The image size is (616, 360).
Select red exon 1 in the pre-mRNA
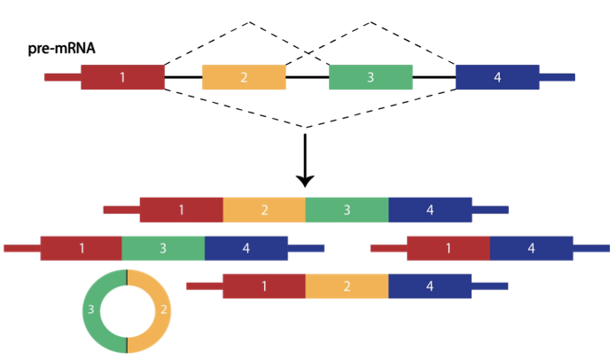(x=122, y=77)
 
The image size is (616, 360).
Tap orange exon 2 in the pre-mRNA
(x=244, y=77)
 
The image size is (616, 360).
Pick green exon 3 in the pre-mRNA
(x=370, y=77)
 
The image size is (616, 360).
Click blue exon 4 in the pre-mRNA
(x=497, y=77)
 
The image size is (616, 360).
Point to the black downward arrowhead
(x=305, y=179)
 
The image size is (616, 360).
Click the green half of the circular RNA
(x=91, y=310)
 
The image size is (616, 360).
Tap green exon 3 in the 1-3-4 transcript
(x=163, y=248)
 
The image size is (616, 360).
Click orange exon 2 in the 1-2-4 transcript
(x=347, y=286)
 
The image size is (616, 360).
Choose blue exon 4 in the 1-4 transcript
(x=531, y=248)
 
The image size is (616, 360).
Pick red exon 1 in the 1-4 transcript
(x=448, y=248)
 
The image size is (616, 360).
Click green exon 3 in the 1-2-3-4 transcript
(x=347, y=210)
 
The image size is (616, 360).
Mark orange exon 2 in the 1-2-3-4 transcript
(x=264, y=210)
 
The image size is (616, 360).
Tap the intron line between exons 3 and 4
(x=433, y=77)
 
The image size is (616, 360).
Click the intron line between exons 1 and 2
(x=183, y=77)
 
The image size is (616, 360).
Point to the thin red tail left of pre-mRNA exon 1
(x=63, y=77)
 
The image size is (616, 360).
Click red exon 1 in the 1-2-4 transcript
(x=264, y=286)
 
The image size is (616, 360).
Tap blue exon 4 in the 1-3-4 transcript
(x=246, y=248)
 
